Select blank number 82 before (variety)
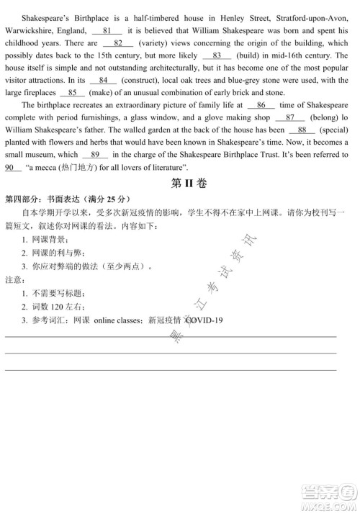pyautogui.click(x=119, y=43)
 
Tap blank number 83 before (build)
pyautogui.click(x=217, y=55)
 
